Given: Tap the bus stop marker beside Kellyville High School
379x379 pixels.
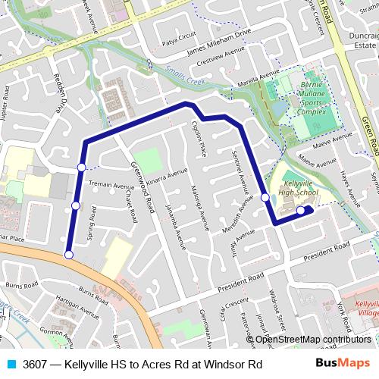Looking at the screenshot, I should point(301,211).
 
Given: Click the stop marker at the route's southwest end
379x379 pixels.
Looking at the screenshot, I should point(69,255).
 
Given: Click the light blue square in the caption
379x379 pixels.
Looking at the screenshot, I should point(11,364).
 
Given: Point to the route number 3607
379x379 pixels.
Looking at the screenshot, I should point(35,364).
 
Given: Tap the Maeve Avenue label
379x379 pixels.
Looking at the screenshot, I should point(334,137).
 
